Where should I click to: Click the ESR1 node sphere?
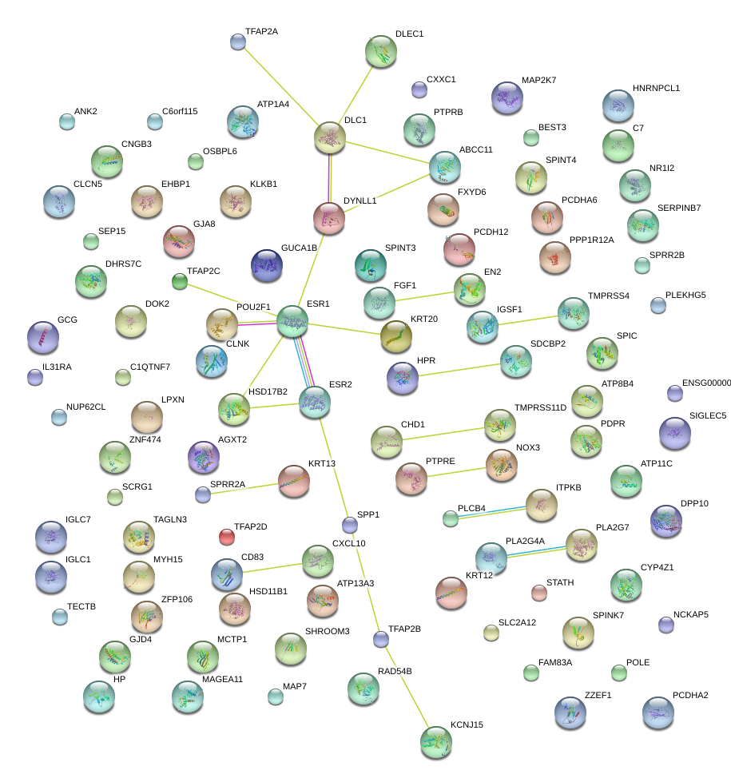click(x=292, y=320)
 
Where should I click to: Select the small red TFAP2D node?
click(x=227, y=536)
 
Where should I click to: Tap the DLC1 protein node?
click(x=329, y=137)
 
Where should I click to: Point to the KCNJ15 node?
click(x=435, y=741)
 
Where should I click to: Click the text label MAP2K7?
click(x=538, y=81)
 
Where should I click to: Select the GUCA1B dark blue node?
click(x=267, y=265)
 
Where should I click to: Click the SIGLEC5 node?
click(x=675, y=433)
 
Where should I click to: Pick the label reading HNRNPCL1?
click(x=656, y=88)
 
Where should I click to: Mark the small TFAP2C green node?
click(x=180, y=281)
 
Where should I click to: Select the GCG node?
click(x=42, y=337)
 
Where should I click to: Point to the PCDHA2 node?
click(x=658, y=712)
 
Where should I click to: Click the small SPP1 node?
click(x=349, y=525)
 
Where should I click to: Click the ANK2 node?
click(x=67, y=121)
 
